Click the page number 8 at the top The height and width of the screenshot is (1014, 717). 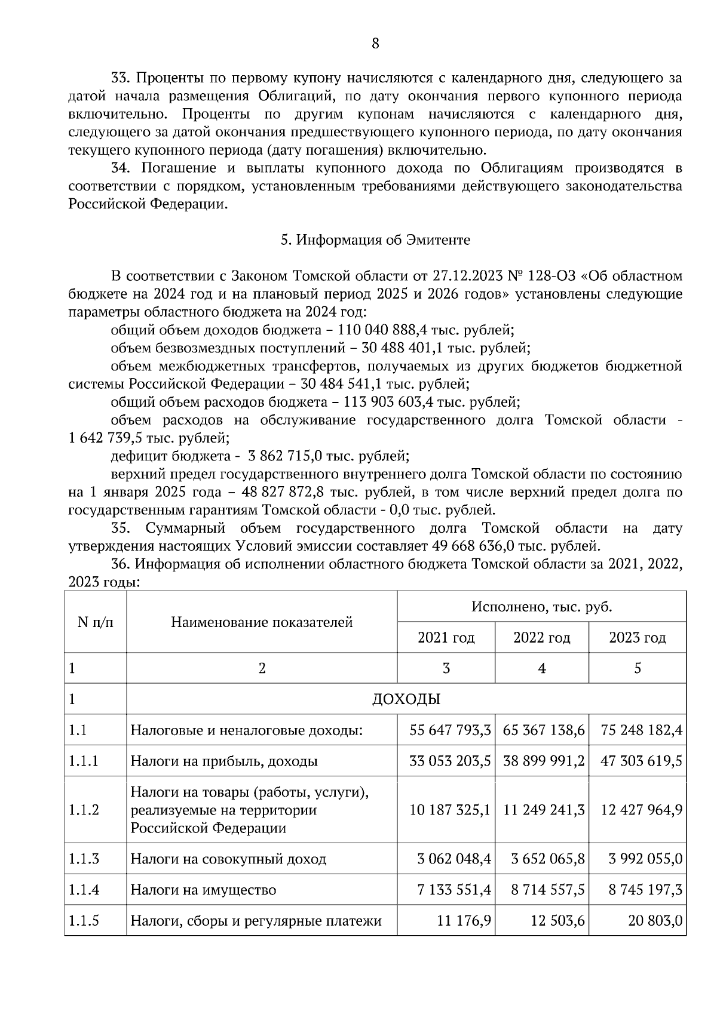375,43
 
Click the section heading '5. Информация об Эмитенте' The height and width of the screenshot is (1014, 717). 375,240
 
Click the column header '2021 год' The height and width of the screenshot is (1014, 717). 446,638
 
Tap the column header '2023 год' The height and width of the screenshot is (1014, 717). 637,638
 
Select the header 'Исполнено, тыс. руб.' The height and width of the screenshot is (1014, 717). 541,607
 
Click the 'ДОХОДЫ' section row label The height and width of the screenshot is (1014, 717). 406,699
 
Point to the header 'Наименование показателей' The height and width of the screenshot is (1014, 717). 262,622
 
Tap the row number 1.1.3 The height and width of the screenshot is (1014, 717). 84,859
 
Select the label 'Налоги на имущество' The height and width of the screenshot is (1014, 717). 203,890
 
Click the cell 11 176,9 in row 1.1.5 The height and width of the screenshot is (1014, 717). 464,920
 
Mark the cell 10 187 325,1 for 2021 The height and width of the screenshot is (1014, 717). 450,810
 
